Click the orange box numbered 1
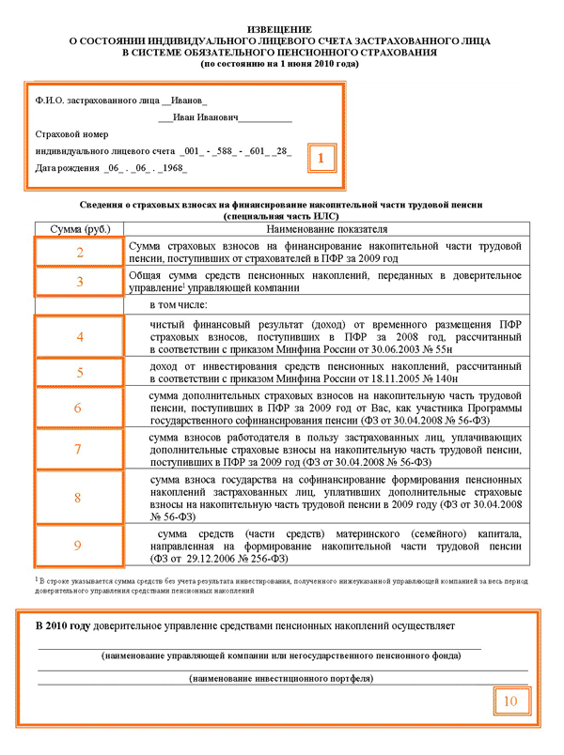coord(321,159)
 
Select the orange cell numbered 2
coord(80,252)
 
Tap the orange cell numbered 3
coord(80,281)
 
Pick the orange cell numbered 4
coord(80,336)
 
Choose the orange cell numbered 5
coord(80,372)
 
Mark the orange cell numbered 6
coord(80,408)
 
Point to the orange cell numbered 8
coord(80,497)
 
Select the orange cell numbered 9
coord(80,545)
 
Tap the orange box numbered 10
coord(509,701)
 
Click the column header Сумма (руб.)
coord(79,228)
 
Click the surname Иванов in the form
coord(188,99)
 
